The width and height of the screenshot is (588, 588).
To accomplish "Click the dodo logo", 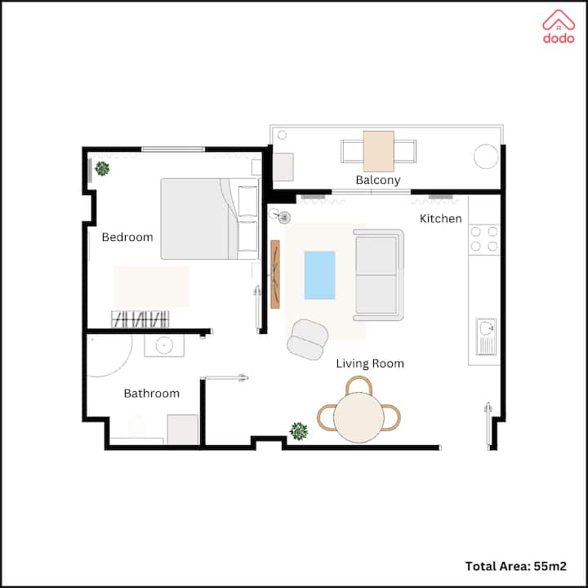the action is coord(559,26).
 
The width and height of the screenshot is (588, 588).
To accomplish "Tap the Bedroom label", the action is coord(127,237).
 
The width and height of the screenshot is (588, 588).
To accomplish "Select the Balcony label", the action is coord(378,180).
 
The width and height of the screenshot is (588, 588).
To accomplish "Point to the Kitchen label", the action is coord(441,218).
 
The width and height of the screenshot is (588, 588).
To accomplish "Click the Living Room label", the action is coord(370,363).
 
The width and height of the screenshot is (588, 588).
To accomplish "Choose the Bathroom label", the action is coord(152,394).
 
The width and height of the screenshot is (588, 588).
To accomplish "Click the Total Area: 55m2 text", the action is coord(515,566).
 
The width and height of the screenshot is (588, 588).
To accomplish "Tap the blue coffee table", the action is coord(319,275).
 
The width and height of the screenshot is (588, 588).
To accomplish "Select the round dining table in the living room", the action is coord(359,418).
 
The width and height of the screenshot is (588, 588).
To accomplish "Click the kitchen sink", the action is coord(486,336).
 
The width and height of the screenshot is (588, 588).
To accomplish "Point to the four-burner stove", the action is coord(484,239).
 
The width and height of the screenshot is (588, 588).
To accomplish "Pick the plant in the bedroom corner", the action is coord(102,169).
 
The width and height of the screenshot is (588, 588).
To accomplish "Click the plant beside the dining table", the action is coord(299,431).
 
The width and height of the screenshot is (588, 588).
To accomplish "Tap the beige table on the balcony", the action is coord(379,151).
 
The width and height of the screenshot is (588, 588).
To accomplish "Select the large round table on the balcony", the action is coord(486,156).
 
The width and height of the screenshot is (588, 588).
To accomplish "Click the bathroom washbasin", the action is coord(164,345).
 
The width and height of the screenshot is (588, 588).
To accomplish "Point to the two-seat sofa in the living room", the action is coord(378,275).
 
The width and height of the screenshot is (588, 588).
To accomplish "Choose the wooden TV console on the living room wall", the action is coord(275,274).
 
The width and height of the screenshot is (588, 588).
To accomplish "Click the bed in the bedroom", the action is coord(210,219).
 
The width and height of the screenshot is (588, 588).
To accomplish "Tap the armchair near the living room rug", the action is coord(308,340).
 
